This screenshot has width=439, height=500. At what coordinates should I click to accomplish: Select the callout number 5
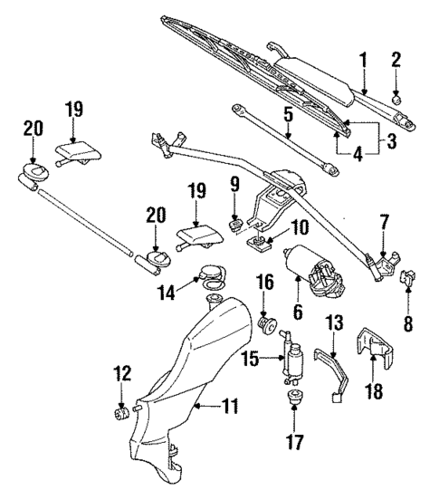coord(287,116)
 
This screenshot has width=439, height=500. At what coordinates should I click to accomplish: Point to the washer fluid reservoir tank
coord(195,380)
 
